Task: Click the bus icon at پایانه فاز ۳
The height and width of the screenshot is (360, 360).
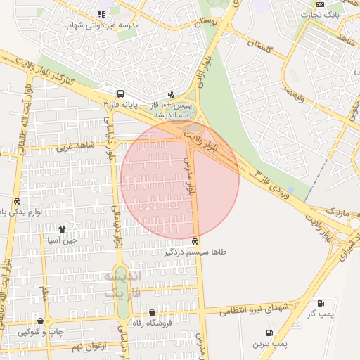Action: click(x=120, y=94)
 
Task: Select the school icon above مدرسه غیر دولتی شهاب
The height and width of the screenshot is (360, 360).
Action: click(x=102, y=13)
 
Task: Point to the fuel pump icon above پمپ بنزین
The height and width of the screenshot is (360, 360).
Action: click(x=269, y=333)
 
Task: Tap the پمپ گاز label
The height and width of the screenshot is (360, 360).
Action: click(x=321, y=315)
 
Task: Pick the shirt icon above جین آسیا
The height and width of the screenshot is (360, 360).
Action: click(x=62, y=229)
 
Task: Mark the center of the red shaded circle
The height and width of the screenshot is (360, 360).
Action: click(x=180, y=179)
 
